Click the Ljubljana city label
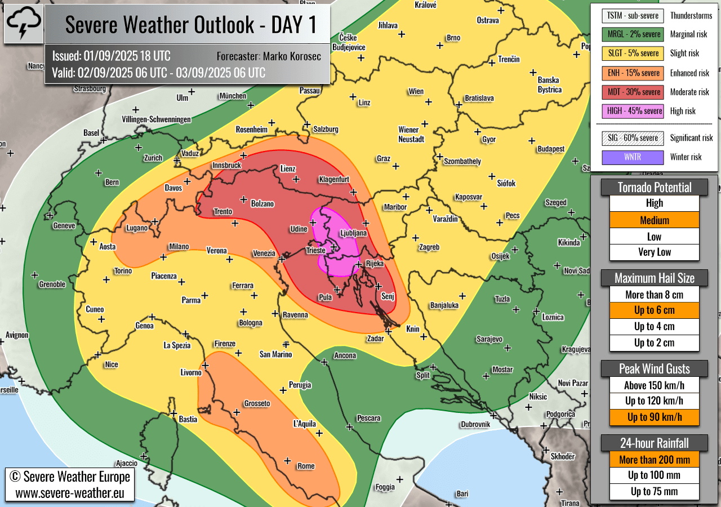(x=353, y=233)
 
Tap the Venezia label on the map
(x=264, y=253)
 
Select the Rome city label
(x=306, y=466)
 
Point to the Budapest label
(x=550, y=149)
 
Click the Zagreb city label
(x=429, y=247)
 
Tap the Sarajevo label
(x=489, y=339)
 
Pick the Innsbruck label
(x=226, y=165)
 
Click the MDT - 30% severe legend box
(x=633, y=92)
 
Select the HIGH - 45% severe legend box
(x=633, y=111)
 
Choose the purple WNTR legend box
(x=633, y=157)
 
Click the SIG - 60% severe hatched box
(x=633, y=138)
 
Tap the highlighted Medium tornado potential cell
(x=654, y=220)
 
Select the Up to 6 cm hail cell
(x=654, y=310)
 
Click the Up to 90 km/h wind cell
(x=654, y=417)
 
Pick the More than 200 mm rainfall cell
(x=654, y=460)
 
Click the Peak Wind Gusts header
(x=654, y=369)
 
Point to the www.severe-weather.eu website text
(x=70, y=493)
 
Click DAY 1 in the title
(x=293, y=25)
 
